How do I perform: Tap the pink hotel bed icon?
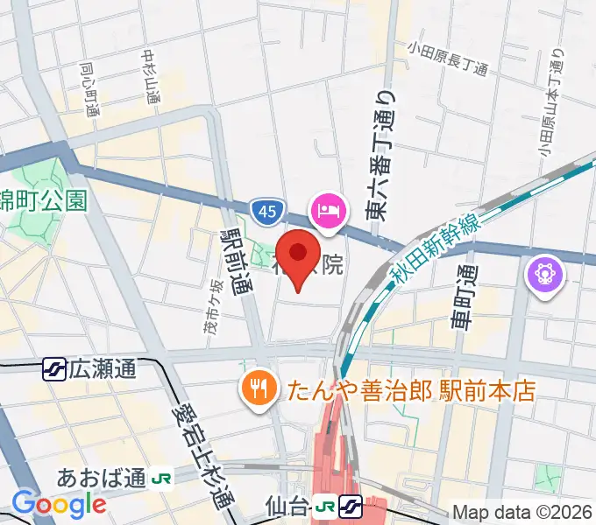pos(329,210)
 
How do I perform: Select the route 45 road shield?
pos(266,211)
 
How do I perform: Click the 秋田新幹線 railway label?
pos(436,249)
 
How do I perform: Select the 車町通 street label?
pos(464,297)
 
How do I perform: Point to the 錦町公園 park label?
pos(44,200)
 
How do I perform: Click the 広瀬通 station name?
pos(103,369)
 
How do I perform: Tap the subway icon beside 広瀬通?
pos(54,369)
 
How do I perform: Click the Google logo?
pos(59,503)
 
